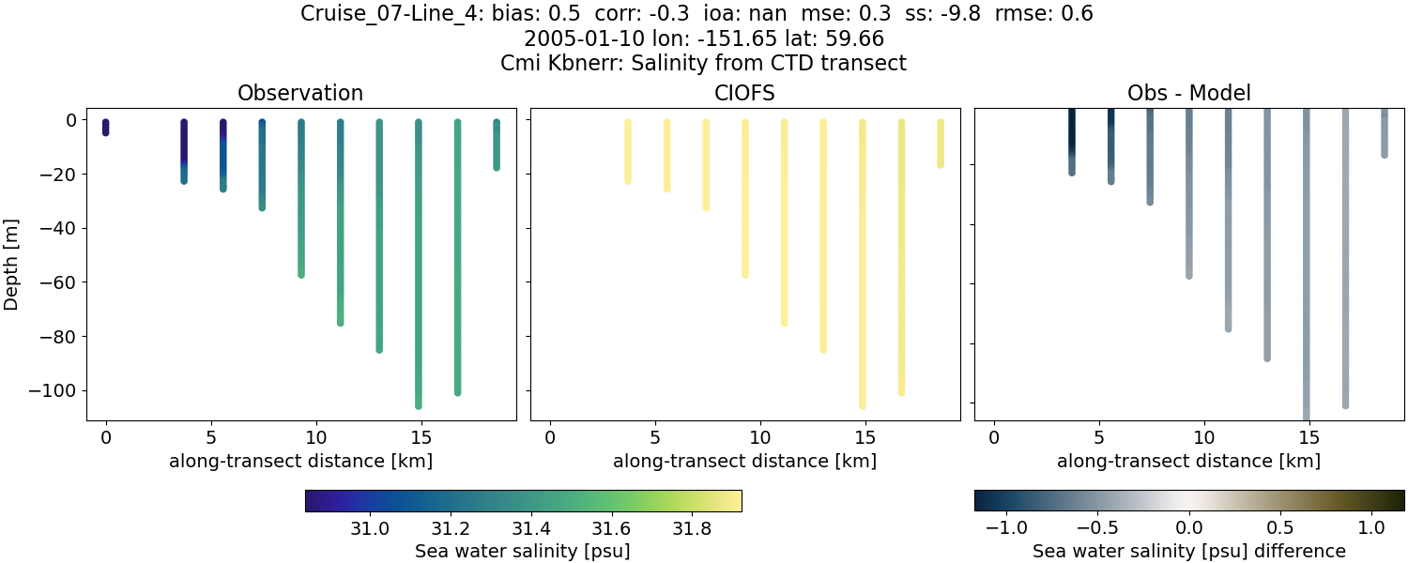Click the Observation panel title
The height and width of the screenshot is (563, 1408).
(300, 93)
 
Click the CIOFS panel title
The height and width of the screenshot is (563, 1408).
(744, 93)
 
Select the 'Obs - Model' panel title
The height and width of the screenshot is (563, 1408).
(1188, 93)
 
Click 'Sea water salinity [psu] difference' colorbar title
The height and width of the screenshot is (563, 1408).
(1188, 551)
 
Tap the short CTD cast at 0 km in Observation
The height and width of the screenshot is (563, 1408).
(106, 128)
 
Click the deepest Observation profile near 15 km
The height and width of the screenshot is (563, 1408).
(419, 263)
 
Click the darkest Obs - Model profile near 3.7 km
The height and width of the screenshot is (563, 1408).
(1072, 141)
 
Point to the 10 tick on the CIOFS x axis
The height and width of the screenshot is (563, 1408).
(760, 437)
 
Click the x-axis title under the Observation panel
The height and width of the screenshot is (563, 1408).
(300, 461)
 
